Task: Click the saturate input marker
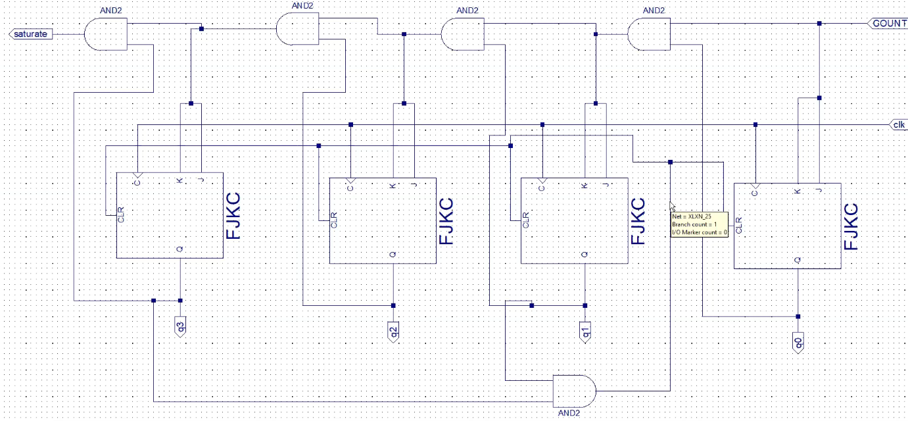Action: click(30, 34)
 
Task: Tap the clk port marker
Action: click(897, 124)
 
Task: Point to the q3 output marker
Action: click(180, 325)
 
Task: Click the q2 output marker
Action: click(393, 330)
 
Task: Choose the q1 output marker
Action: click(585, 330)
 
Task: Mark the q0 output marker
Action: click(798, 341)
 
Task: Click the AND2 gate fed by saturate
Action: click(105, 34)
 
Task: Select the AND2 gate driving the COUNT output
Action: click(648, 34)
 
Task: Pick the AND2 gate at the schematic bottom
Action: click(574, 391)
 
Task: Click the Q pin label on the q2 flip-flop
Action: click(393, 254)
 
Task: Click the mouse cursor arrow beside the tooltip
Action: click(672, 206)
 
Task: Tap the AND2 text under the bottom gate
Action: click(569, 413)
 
